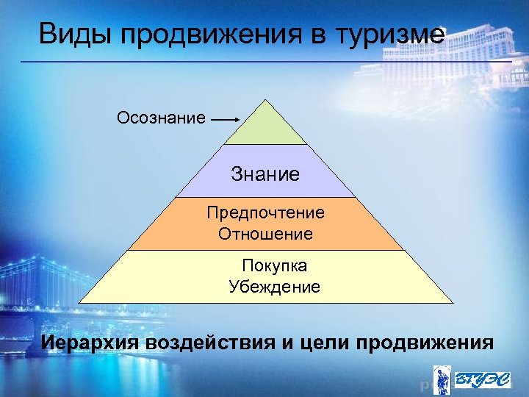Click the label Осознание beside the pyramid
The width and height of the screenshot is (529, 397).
click(161, 118)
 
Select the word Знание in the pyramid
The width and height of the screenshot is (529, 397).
click(265, 174)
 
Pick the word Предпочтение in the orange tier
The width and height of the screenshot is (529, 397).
click(265, 212)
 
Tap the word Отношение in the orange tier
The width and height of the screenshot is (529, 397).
click(265, 235)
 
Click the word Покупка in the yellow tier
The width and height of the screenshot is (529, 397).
click(274, 265)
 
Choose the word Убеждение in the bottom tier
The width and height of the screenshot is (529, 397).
click(274, 287)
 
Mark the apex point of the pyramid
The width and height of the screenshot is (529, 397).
click(266, 100)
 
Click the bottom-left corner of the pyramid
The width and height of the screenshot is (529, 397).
click(79, 303)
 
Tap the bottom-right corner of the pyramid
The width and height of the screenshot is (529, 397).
click(453, 303)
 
